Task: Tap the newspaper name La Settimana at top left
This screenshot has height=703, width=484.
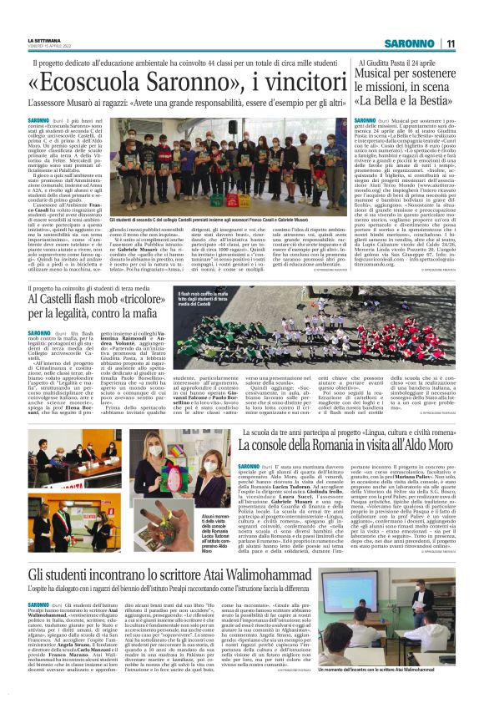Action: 44,39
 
